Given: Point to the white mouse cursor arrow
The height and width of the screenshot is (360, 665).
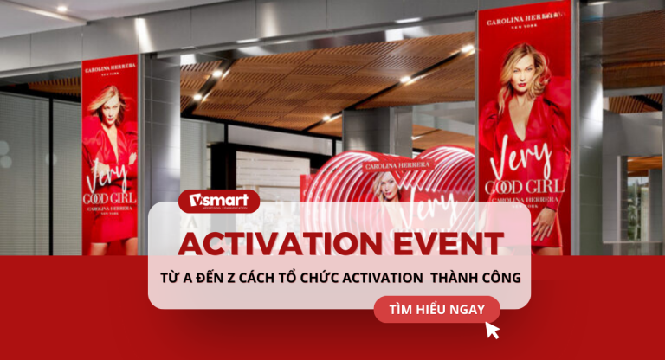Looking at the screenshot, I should click(493, 330).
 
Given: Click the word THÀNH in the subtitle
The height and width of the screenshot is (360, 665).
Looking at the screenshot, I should click(436, 279).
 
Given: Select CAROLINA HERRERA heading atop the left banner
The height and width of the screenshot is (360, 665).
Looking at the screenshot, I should click(110, 66).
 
